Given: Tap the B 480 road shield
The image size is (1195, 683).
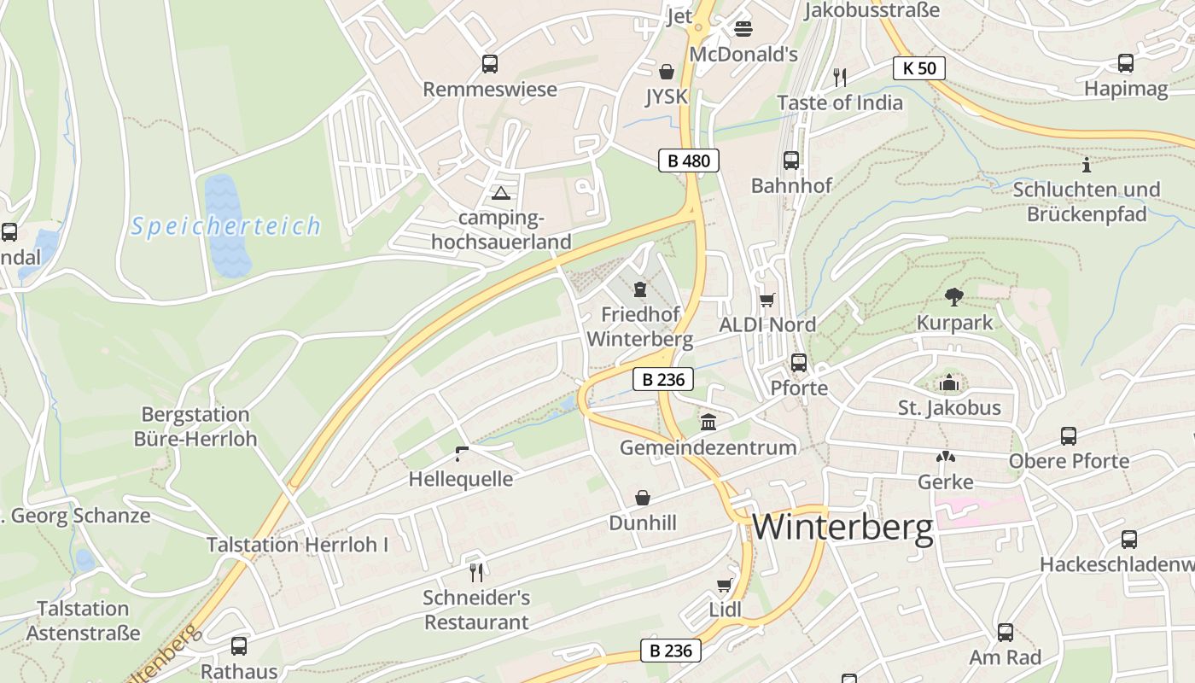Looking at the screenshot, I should point(688,160).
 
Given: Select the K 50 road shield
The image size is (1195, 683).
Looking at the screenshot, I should point(919,67).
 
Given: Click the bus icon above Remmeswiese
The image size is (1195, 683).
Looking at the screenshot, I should point(490,63).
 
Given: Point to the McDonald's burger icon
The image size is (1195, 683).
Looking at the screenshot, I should point(743,29).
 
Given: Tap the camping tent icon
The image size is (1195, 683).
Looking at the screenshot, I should point(500,193).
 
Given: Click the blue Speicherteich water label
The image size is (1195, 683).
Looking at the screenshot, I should point(226,226).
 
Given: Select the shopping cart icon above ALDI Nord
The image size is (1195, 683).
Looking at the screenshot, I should point(767,300).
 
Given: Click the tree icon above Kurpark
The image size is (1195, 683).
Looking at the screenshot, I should point(954,297).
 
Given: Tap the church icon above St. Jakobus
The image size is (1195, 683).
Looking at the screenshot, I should point(949,383).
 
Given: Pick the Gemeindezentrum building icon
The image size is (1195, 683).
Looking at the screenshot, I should point(708,422).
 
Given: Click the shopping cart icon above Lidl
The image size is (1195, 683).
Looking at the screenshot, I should point(725,585).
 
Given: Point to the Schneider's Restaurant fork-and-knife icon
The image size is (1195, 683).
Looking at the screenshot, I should point(476,572).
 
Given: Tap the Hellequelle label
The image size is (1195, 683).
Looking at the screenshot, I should point(461,479).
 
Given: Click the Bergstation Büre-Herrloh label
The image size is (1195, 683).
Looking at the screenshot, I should point(195,427).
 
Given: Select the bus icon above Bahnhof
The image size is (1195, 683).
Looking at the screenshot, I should point(791,160).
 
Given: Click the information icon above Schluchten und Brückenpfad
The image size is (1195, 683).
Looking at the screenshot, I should point(1086,164).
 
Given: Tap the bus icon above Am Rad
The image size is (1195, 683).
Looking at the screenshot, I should point(1006,633).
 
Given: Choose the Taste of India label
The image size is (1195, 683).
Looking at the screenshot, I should point(840,102).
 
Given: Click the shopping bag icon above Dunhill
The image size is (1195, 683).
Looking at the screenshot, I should point(643,498).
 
